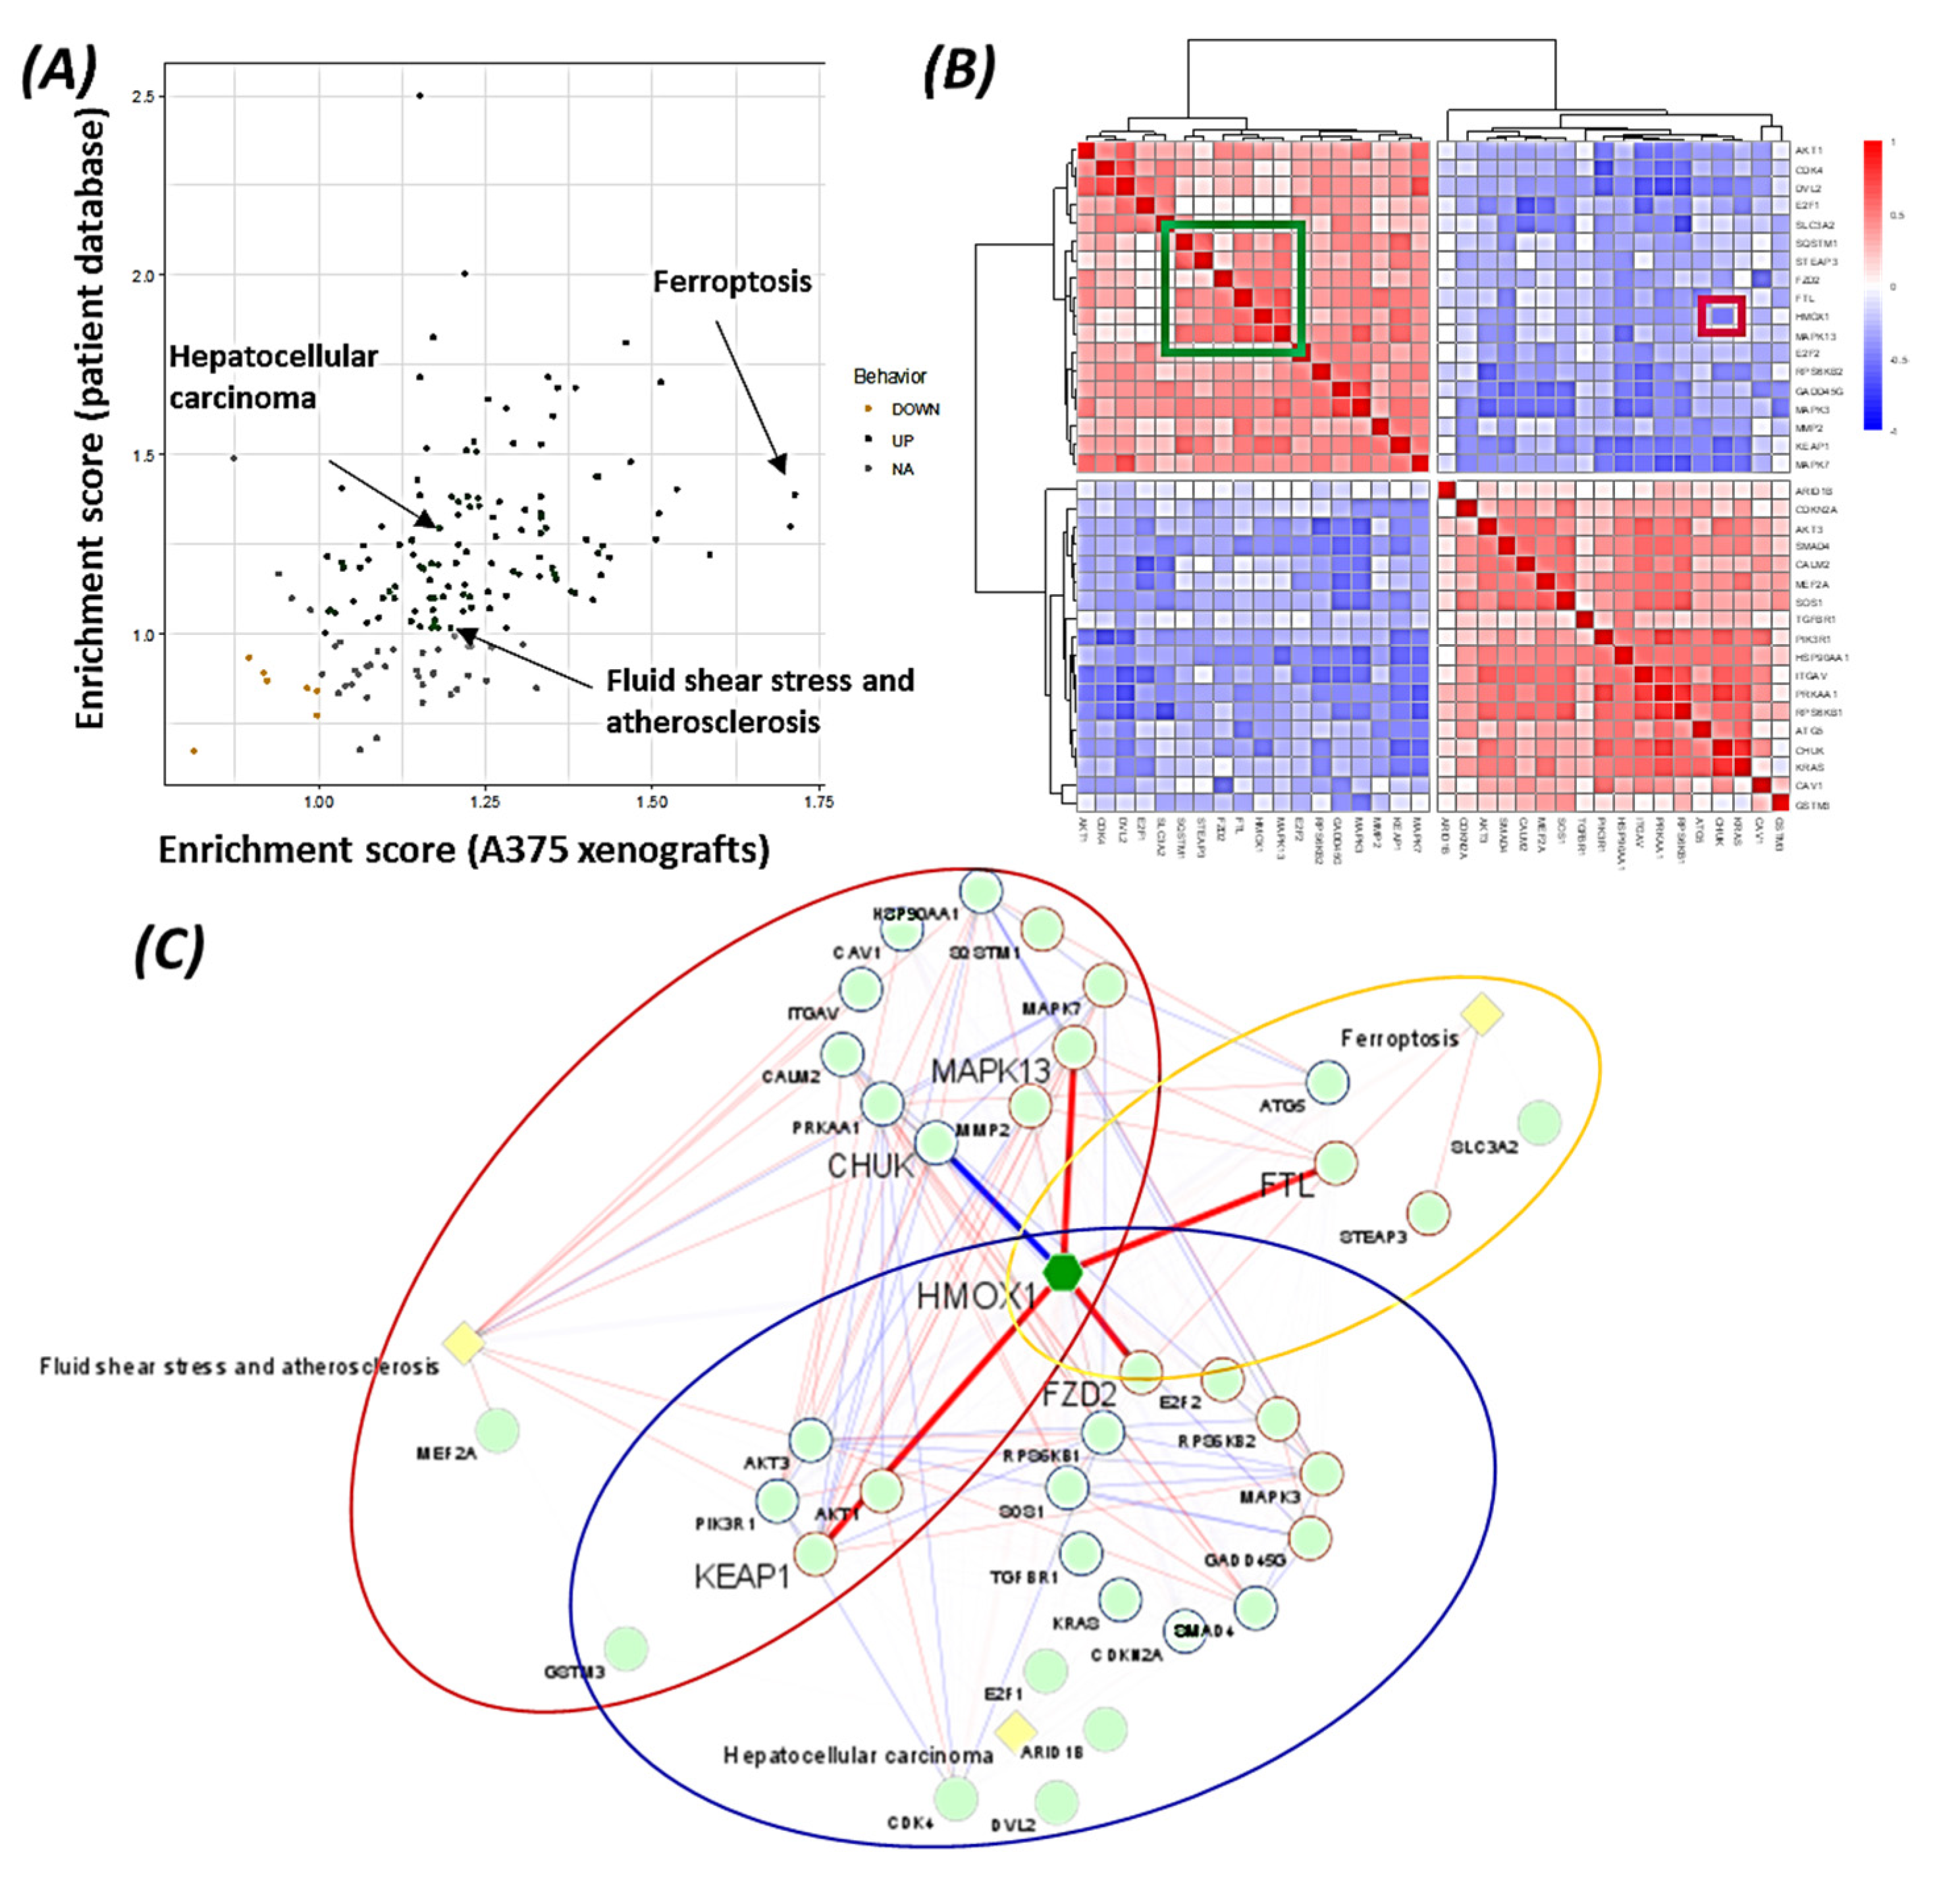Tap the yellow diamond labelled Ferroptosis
pyautogui.click(x=1481, y=1015)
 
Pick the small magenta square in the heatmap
pyautogui.click(x=1722, y=317)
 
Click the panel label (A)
pyautogui.click(x=59, y=71)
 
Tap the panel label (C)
pyautogui.click(x=169, y=950)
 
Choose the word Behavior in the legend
pyautogui.click(x=890, y=376)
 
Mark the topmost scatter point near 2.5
pyautogui.click(x=420, y=96)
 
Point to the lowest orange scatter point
pyautogui.click(x=194, y=751)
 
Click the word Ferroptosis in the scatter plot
pyautogui.click(x=731, y=282)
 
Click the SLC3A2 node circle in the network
pyautogui.click(x=1539, y=1122)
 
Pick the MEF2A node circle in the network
pyautogui.click(x=497, y=1430)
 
